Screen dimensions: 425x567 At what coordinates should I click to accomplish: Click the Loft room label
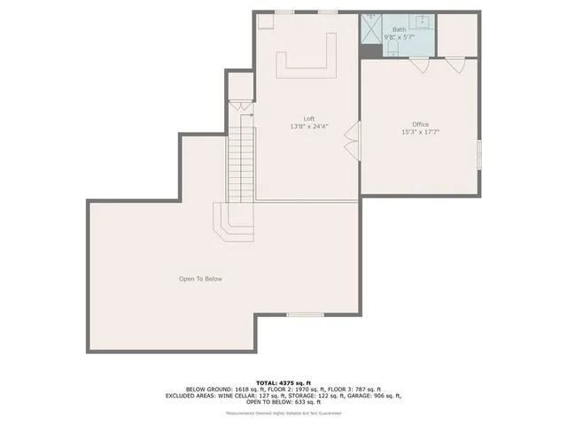pyautogui.click(x=309, y=119)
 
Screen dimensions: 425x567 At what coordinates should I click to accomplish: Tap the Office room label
pyautogui.click(x=420, y=124)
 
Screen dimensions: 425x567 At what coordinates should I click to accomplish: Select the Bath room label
pyautogui.click(x=400, y=29)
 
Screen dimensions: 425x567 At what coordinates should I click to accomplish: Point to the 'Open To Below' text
pyautogui.click(x=200, y=279)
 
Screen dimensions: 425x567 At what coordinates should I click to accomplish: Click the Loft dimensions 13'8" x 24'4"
pyautogui.click(x=309, y=127)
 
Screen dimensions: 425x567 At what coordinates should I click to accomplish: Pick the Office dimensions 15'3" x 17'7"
pyautogui.click(x=420, y=132)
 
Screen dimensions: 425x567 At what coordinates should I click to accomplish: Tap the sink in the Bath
pyautogui.click(x=423, y=22)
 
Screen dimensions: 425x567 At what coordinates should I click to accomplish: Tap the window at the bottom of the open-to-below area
pyautogui.click(x=305, y=314)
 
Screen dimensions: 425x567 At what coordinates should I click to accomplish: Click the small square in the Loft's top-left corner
pyautogui.click(x=266, y=23)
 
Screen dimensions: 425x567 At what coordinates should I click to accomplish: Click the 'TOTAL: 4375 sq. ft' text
pyautogui.click(x=283, y=382)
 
